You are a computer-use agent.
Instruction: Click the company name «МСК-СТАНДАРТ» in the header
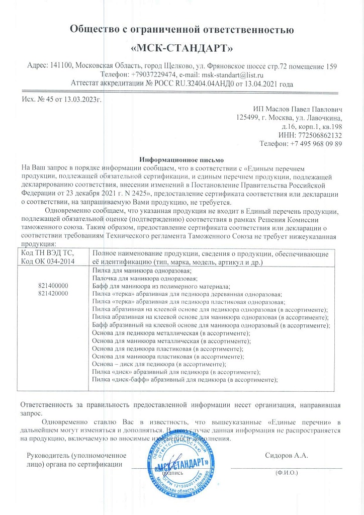point(181,49)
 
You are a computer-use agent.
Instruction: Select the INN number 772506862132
point(318,135)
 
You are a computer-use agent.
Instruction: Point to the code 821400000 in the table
point(53,286)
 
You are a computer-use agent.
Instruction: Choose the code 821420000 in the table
point(53,293)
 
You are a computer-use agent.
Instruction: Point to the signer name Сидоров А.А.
point(286,456)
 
